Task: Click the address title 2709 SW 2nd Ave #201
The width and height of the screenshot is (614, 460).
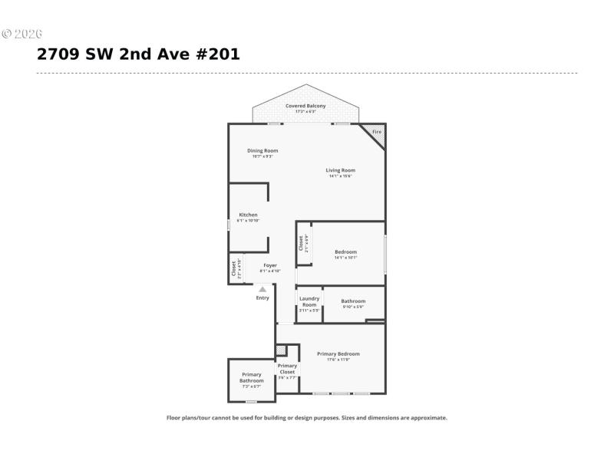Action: click(x=138, y=54)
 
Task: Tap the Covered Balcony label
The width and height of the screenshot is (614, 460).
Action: click(x=305, y=106)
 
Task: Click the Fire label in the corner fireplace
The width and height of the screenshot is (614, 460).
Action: click(x=376, y=133)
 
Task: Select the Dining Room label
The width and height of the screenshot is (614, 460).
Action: click(x=262, y=150)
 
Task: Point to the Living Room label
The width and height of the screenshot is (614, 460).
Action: click(x=340, y=170)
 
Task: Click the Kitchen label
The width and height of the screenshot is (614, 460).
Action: click(x=248, y=215)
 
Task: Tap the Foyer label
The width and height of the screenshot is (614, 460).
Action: click(x=270, y=265)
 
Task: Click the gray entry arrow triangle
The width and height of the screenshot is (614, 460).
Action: click(x=262, y=289)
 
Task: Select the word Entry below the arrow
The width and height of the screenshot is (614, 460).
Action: click(x=262, y=298)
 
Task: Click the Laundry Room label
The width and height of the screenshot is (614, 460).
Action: click(x=309, y=301)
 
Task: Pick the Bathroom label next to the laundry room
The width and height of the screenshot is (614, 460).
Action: click(x=353, y=301)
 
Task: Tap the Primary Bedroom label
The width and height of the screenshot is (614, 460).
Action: click(x=338, y=353)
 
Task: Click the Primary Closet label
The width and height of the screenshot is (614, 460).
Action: click(x=287, y=369)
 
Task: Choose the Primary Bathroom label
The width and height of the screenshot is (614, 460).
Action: click(x=251, y=377)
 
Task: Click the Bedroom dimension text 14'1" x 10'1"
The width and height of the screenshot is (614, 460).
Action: click(x=345, y=258)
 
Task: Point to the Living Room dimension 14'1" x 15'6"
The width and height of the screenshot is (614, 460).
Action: click(x=340, y=177)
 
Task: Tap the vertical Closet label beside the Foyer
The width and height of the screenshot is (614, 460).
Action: click(x=234, y=268)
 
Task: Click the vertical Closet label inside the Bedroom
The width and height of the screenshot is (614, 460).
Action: click(x=301, y=242)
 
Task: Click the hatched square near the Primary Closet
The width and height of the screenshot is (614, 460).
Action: click(x=281, y=350)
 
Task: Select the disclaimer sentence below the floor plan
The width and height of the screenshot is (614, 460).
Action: click(x=307, y=418)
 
